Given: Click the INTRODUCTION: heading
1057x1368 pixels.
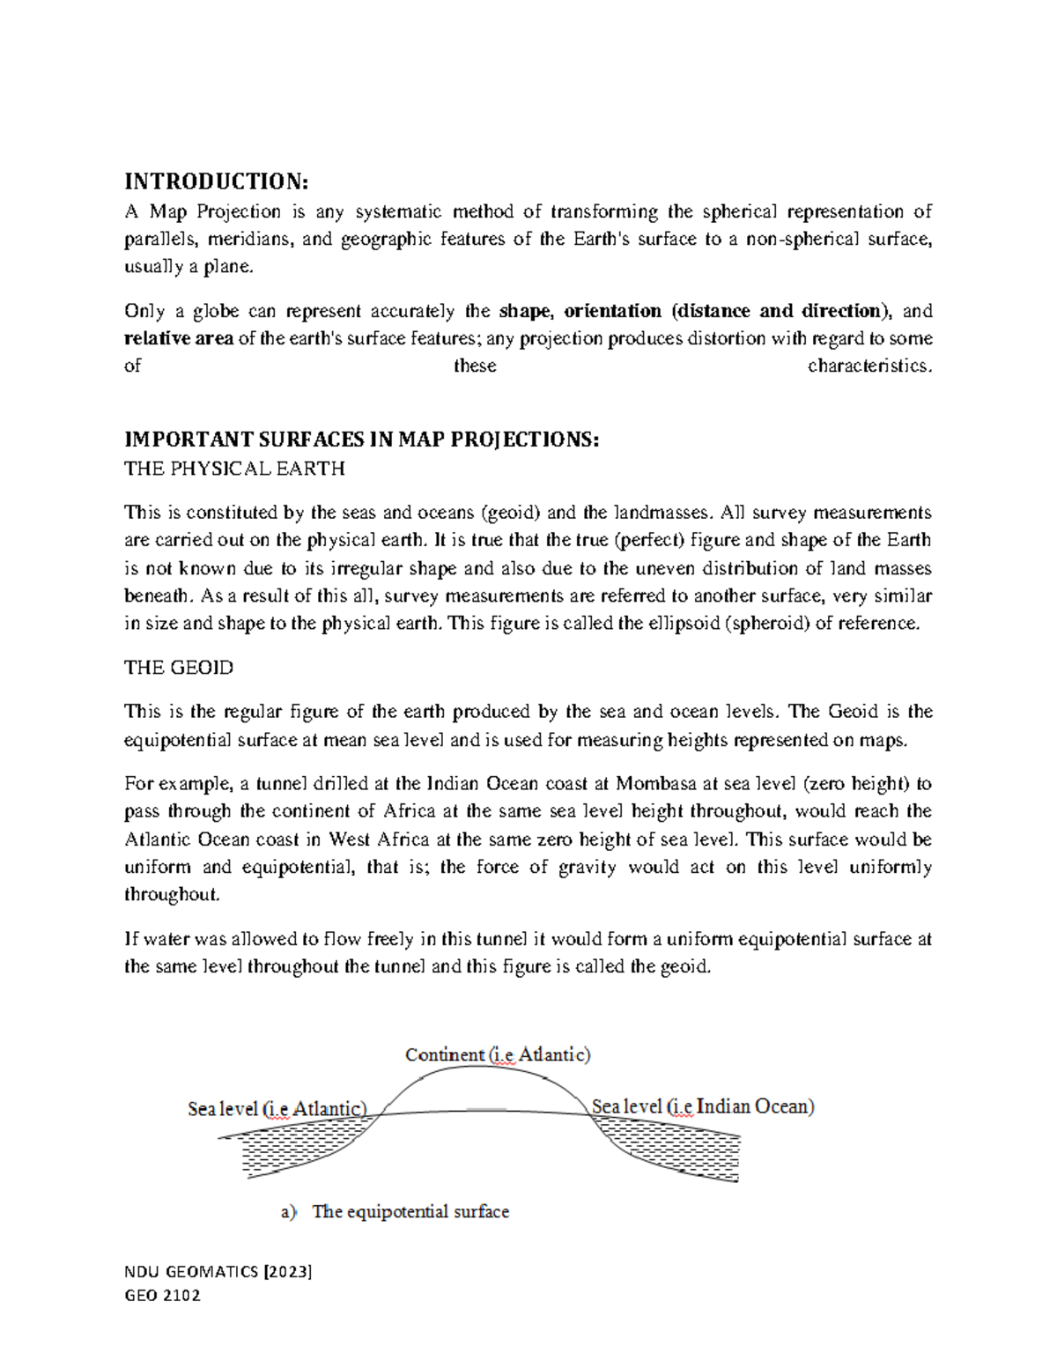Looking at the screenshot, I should pyautogui.click(x=216, y=181).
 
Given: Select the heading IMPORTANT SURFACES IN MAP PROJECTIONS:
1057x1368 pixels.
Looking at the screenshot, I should pyautogui.click(x=361, y=440).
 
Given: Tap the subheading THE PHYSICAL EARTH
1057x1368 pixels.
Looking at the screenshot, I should pyautogui.click(x=234, y=469).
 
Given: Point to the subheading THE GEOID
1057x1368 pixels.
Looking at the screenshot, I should pyautogui.click(x=179, y=668).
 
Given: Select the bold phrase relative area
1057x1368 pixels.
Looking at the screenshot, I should pyautogui.click(x=179, y=338).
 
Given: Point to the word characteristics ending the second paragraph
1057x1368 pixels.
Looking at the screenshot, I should pyautogui.click(x=869, y=366).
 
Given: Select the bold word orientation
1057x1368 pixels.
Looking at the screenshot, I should pyautogui.click(x=612, y=311).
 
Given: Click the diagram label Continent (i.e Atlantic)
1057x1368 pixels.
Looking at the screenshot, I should pyautogui.click(x=498, y=1054).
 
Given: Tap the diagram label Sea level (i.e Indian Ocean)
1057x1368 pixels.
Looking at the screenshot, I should pyautogui.click(x=703, y=1106).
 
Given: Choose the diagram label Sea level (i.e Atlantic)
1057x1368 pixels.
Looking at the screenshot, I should pyautogui.click(x=277, y=1108).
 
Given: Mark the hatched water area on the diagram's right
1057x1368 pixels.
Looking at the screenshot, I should pyautogui.click(x=678, y=1149).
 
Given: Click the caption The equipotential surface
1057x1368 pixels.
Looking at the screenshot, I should pyautogui.click(x=410, y=1212).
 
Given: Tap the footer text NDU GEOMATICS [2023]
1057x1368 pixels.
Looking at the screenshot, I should pyautogui.click(x=218, y=1271).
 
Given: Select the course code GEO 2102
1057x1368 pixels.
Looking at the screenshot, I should pyautogui.click(x=163, y=1295).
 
